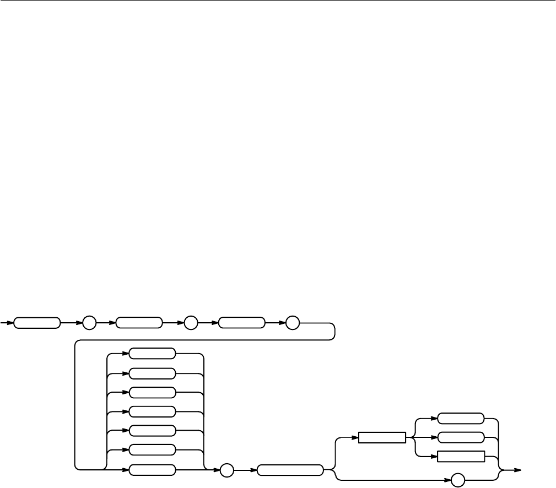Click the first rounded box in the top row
pyautogui.click(x=37, y=323)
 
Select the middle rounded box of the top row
pyautogui.click(x=139, y=323)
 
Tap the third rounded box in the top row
pyautogui.click(x=241, y=323)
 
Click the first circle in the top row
pyautogui.click(x=89, y=323)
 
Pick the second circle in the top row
pyautogui.click(x=191, y=323)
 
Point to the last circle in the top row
pyautogui.click(x=293, y=323)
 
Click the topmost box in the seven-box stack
pyautogui.click(x=152, y=354)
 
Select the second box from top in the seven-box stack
pyautogui.click(x=152, y=373)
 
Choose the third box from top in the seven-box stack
pyautogui.click(x=152, y=392)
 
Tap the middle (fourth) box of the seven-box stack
pyautogui.click(x=152, y=411)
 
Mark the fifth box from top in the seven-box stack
pyautogui.click(x=152, y=430)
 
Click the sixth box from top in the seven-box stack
pyautogui.click(x=152, y=449)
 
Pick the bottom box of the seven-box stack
pyautogui.click(x=152, y=470)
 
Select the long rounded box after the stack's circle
pyautogui.click(x=290, y=470)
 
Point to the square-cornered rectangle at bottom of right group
pyautogui.click(x=460, y=457)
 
